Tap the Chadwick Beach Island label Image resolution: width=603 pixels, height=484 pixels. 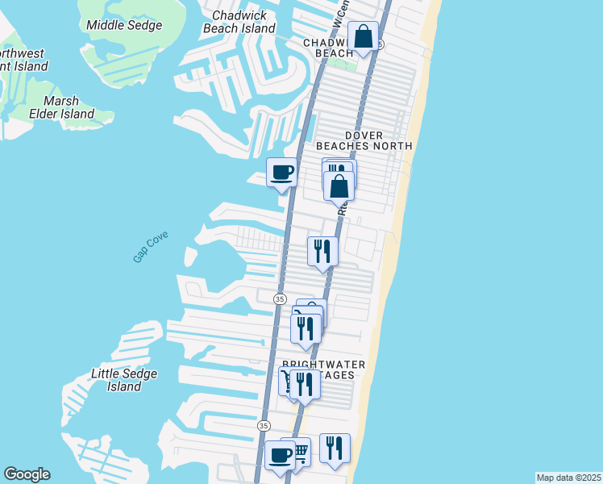pos(243,22)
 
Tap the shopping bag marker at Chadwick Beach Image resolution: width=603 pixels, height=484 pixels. pos(364,37)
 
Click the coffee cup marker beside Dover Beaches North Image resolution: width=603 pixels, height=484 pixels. pos(281,173)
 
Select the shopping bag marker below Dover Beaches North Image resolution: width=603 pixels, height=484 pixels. pos(340,186)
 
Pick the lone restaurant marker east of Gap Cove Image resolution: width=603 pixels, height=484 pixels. pos(322,250)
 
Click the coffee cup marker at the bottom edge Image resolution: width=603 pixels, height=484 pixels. pos(280,455)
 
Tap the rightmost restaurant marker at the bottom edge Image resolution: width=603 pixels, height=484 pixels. pos(335,448)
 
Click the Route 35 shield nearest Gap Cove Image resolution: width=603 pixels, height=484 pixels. pos(280,298)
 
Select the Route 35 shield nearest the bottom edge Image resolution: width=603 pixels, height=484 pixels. pos(264,425)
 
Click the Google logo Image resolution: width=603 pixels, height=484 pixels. pos(27,474)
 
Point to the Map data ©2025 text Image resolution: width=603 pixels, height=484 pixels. pos(568,477)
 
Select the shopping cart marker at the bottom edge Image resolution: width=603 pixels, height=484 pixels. pos(297,452)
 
